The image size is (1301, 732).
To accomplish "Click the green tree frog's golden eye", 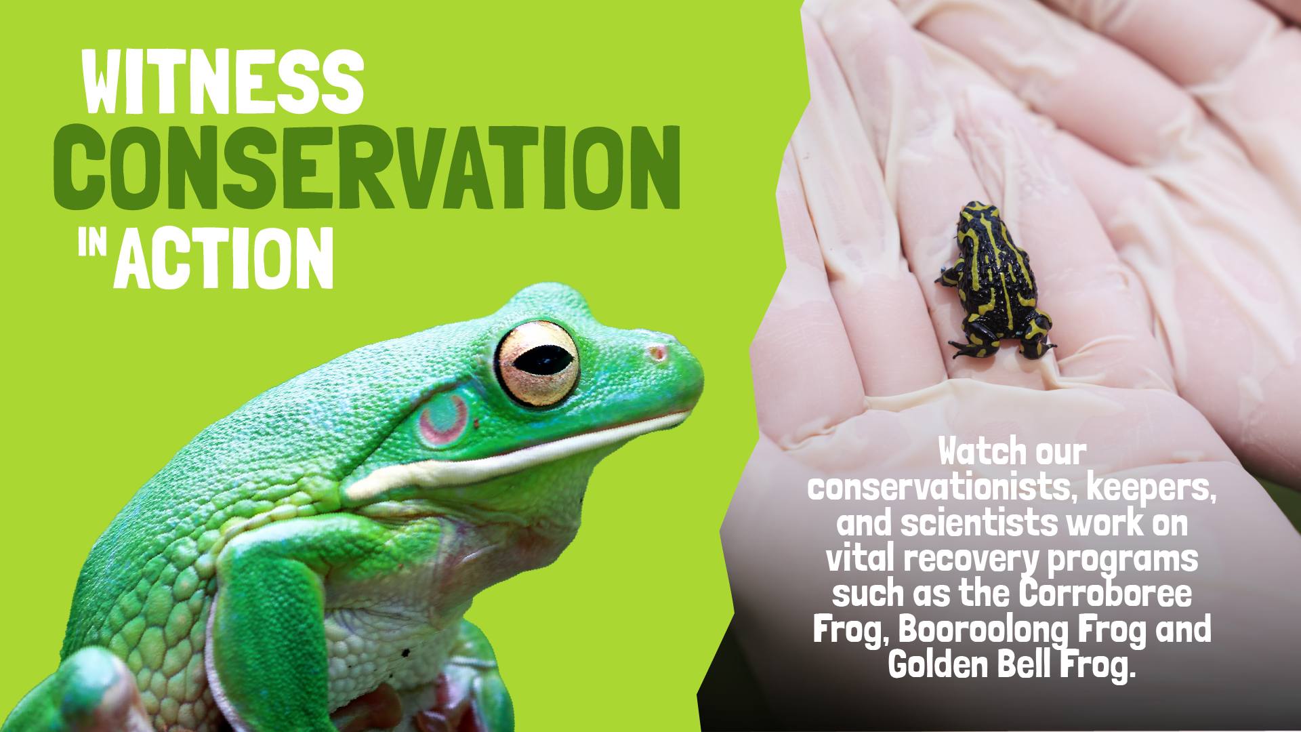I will pos(537,364).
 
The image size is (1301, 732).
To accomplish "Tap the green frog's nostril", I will pos(656,352).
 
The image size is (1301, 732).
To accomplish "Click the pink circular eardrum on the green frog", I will pos(443,419).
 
